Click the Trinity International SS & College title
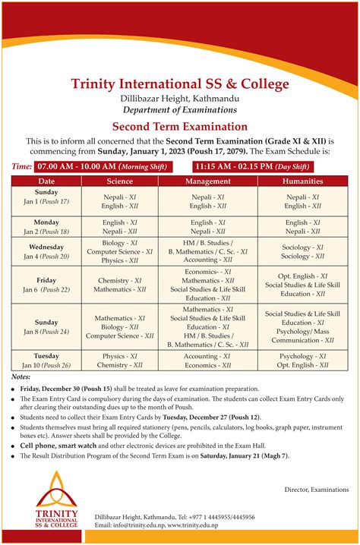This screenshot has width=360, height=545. (x=180, y=83)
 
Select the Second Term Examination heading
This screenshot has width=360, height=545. (x=180, y=127)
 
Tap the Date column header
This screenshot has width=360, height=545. (x=47, y=181)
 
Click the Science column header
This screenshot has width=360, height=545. (x=120, y=181)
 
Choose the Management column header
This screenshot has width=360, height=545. (x=207, y=181)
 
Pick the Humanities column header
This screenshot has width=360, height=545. (x=302, y=181)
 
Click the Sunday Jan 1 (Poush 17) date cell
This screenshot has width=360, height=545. (x=47, y=197)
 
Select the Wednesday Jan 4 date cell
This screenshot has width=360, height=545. (x=47, y=251)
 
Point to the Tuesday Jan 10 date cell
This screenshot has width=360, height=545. (x=47, y=360)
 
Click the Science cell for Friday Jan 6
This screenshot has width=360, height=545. (x=120, y=285)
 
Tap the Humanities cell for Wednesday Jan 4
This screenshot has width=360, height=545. (x=302, y=252)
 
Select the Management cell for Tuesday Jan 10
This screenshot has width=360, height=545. (x=207, y=360)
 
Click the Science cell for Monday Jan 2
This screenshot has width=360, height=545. (x=120, y=226)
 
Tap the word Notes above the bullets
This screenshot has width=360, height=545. (x=21, y=376)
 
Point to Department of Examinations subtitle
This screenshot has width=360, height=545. (x=180, y=109)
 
